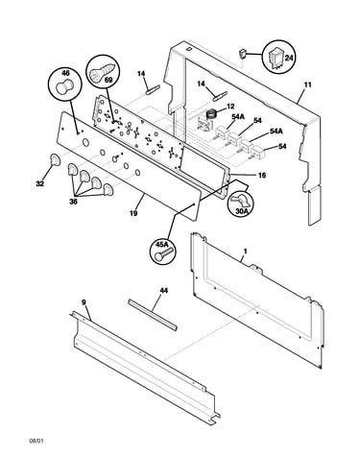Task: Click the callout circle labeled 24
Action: click(278, 58)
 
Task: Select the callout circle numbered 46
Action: click(64, 84)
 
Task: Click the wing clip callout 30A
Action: click(240, 204)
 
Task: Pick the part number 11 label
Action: click(307, 85)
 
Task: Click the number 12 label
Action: click(230, 106)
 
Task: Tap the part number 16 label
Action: click(262, 175)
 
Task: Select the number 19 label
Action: click(133, 213)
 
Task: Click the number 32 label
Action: click(39, 183)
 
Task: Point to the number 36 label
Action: click(73, 202)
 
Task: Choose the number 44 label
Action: click(163, 291)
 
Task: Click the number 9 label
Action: click(84, 302)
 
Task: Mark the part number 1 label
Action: click(245, 252)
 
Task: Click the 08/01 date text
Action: click(36, 441)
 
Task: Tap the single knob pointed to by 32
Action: click(55, 159)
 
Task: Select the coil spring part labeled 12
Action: click(210, 114)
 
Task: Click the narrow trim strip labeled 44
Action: click(153, 315)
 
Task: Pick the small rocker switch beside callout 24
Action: click(244, 54)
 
